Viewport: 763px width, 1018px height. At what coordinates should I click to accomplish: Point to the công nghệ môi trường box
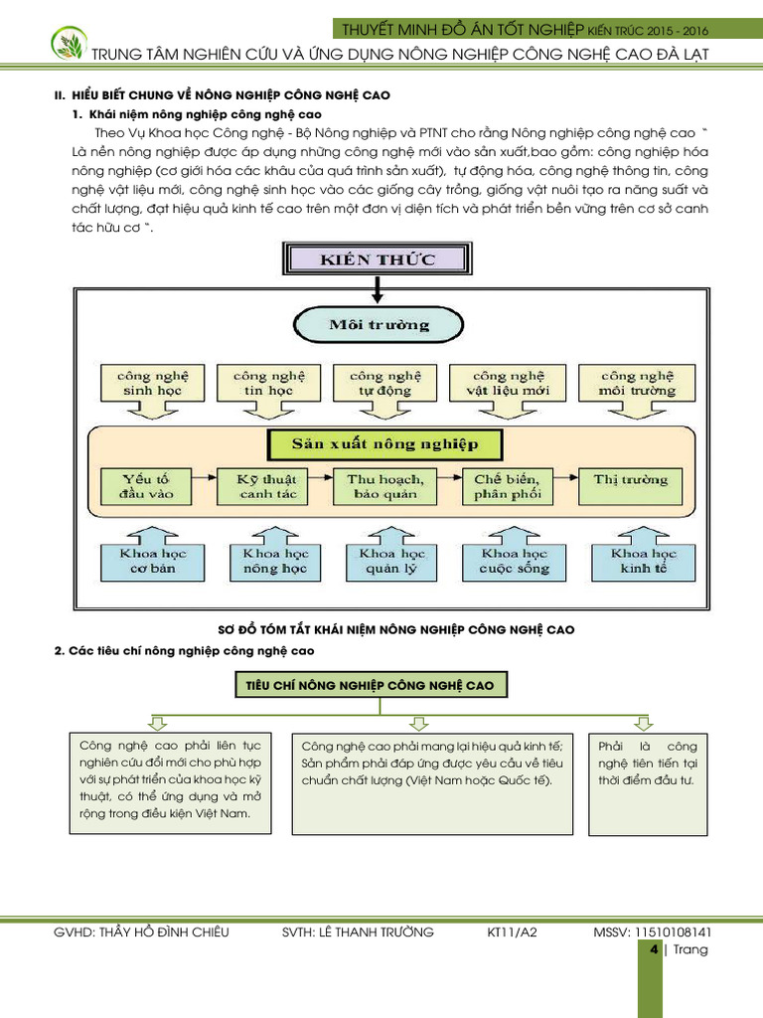[636, 384]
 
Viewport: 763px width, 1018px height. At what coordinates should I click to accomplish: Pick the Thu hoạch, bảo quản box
[383, 486]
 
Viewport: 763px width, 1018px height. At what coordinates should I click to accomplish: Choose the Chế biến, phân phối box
[508, 486]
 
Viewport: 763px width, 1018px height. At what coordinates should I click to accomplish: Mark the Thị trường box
[631, 480]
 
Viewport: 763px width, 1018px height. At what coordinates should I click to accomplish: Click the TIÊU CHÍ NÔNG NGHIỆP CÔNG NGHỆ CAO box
[371, 685]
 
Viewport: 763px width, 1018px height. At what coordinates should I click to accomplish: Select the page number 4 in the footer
[654, 950]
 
